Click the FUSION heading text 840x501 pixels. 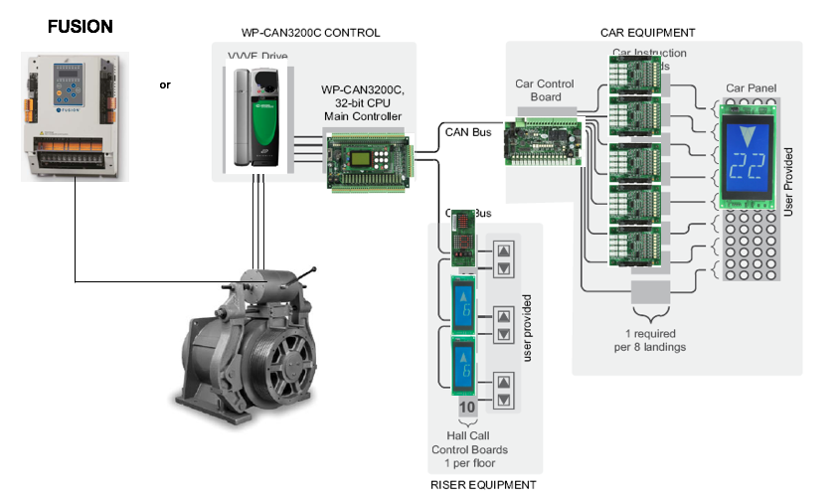coord(81,27)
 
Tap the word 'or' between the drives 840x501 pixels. coord(165,85)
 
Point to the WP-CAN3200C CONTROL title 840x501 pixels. coord(310,33)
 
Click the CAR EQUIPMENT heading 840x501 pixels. coord(647,33)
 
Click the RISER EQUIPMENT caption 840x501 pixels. coord(483,485)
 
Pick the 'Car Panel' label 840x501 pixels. coord(751,88)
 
